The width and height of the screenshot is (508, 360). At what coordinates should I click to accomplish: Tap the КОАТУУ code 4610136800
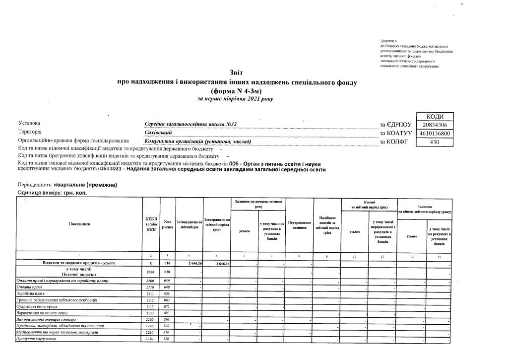435,134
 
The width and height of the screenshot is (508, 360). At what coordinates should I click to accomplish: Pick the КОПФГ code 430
435,143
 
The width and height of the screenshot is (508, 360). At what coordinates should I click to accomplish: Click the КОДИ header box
435,116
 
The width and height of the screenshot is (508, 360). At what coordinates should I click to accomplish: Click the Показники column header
79,223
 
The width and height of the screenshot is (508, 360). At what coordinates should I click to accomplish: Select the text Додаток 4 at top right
389,40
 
